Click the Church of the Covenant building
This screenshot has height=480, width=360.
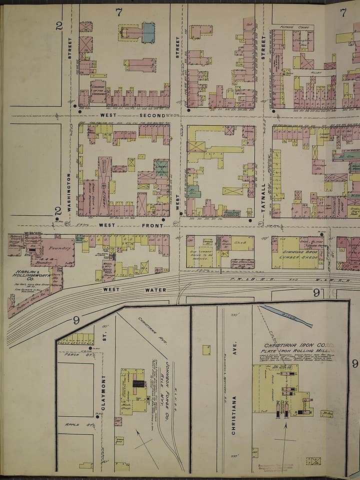point(98,91)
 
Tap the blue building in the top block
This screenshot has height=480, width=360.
point(148,32)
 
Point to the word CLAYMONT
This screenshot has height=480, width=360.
point(104,392)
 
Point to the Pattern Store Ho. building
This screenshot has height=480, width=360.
point(29,300)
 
